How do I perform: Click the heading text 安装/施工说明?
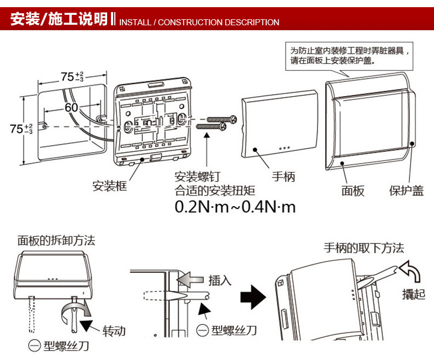[59, 20]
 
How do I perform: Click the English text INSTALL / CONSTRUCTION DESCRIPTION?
[199, 23]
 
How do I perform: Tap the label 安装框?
[109, 186]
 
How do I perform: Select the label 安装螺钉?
[197, 177]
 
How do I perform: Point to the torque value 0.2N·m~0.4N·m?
[235, 207]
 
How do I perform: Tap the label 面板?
[353, 191]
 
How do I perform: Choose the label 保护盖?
[407, 191]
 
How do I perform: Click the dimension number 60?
[71, 108]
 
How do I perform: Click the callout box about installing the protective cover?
[348, 56]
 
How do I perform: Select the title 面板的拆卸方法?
[56, 240]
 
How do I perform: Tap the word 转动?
[114, 331]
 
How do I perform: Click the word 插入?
[220, 280]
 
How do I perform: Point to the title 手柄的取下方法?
[364, 248]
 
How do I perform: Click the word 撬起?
[413, 294]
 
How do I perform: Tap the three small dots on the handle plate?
[284, 148]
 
